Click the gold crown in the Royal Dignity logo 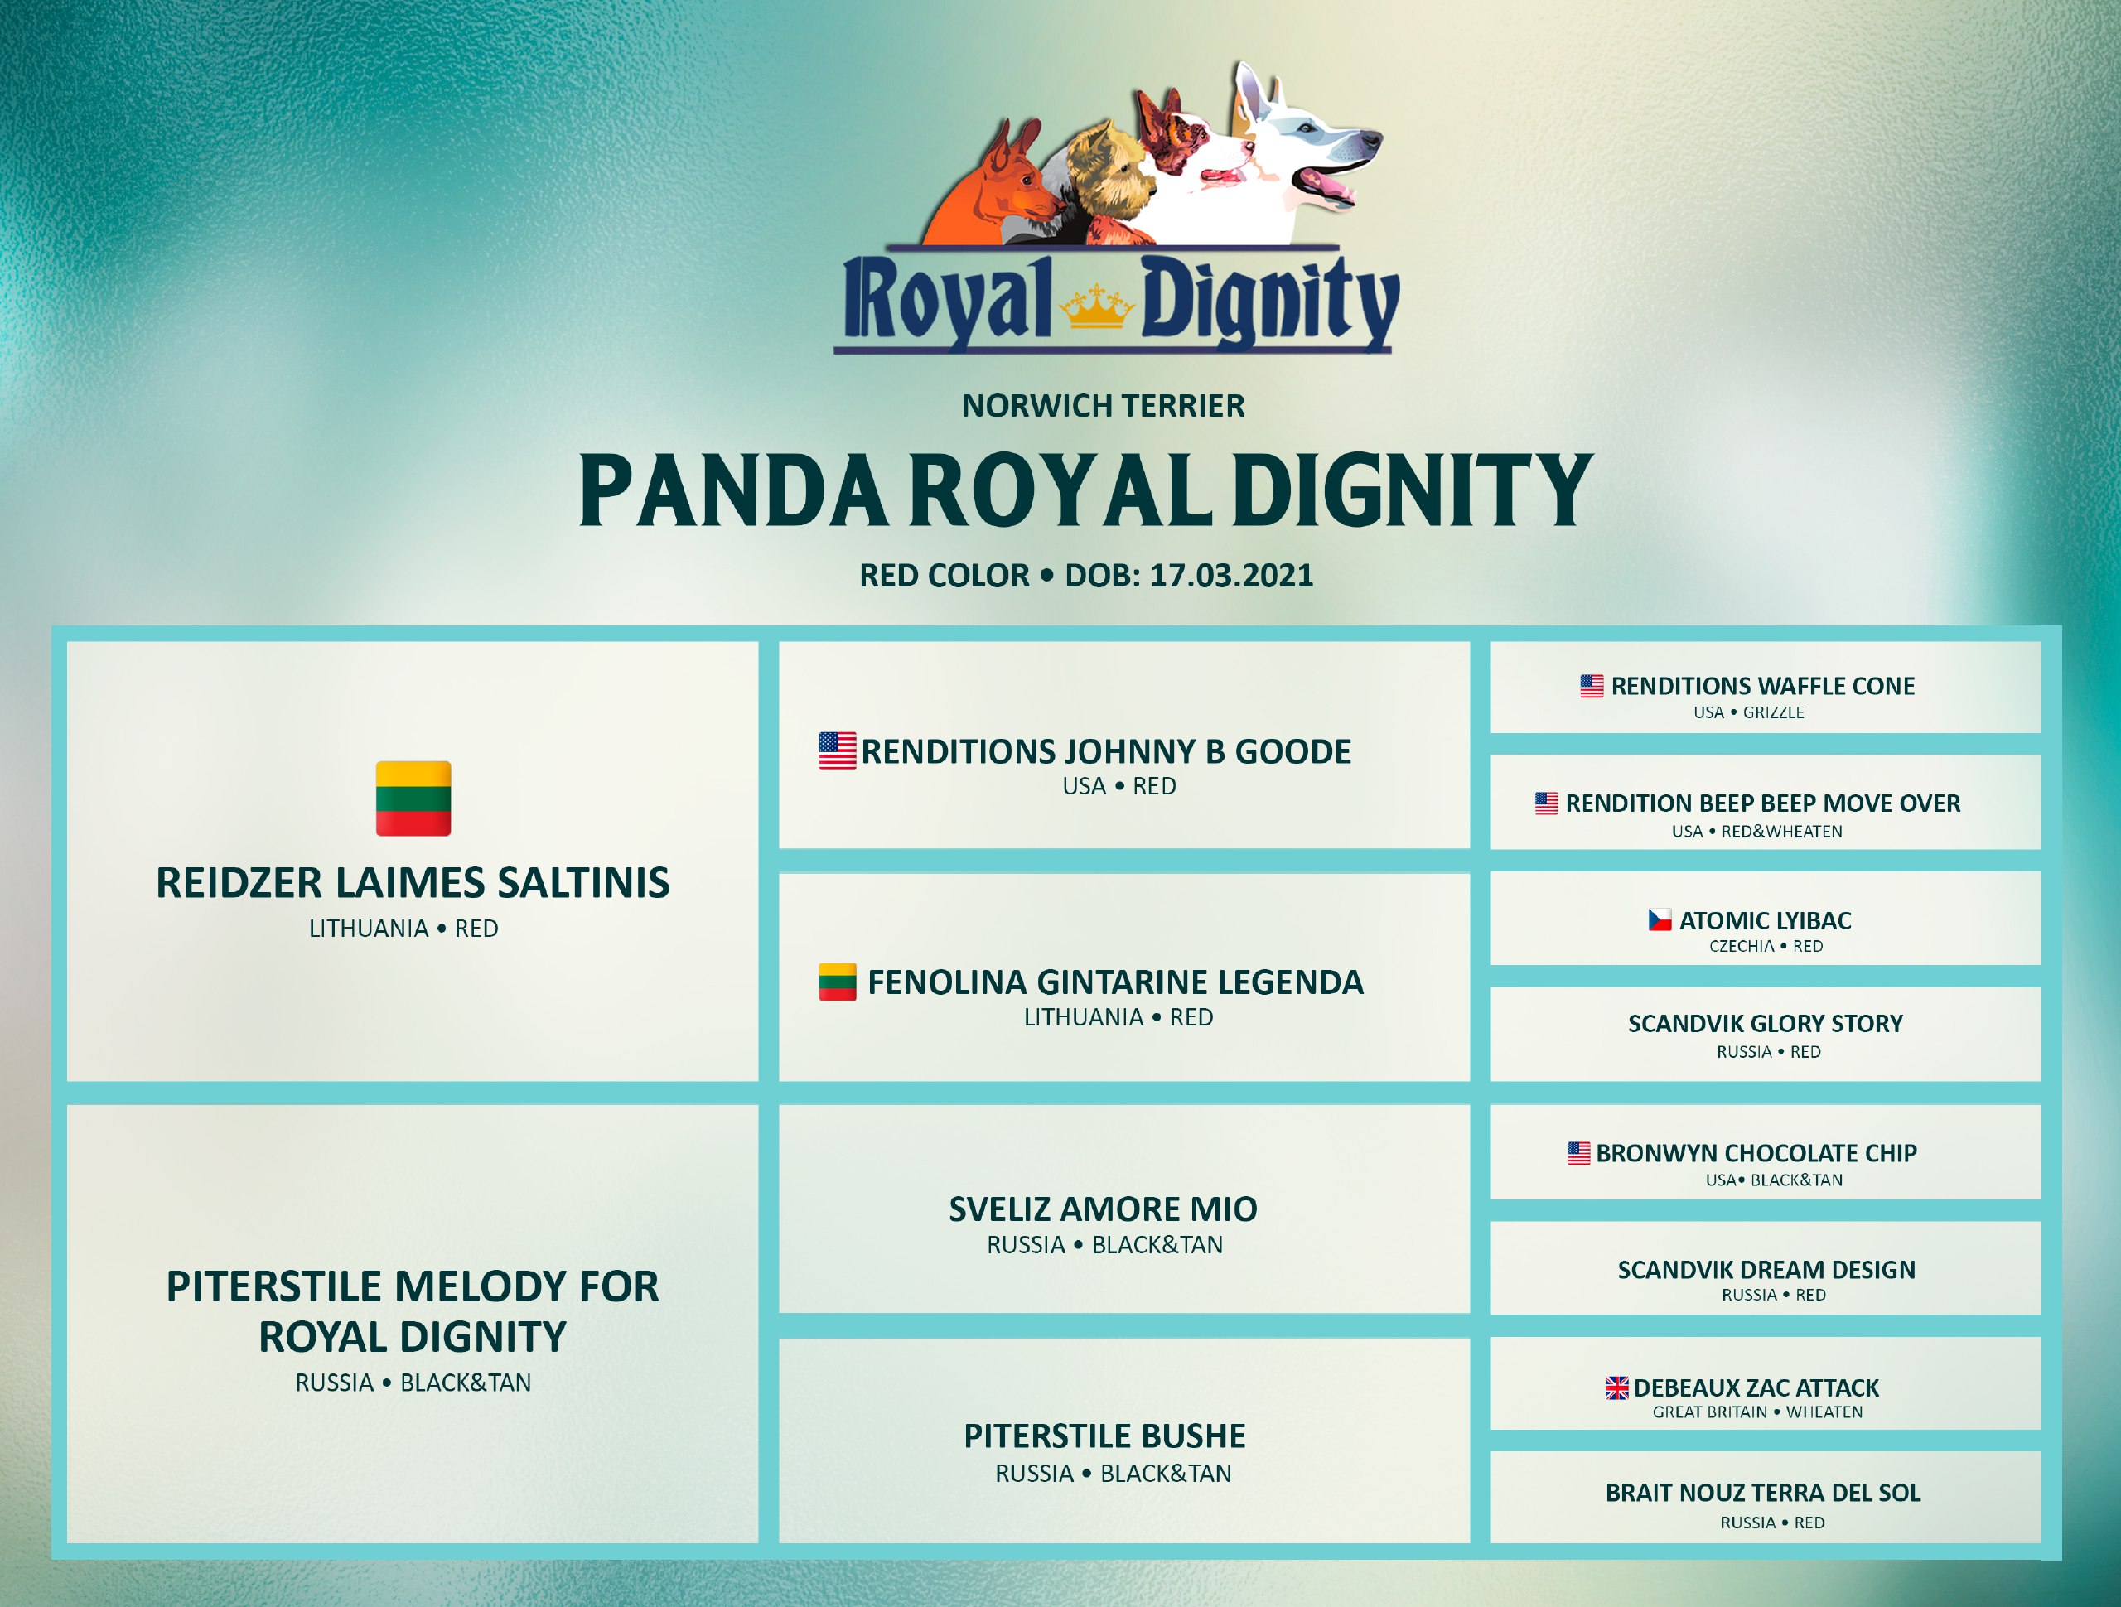click(x=1096, y=306)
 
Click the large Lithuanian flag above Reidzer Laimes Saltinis click(x=413, y=799)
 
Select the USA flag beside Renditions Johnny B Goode click(x=837, y=750)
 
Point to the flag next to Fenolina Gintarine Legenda click(x=837, y=981)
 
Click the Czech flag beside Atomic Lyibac click(x=1660, y=919)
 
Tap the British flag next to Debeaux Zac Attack click(x=1616, y=1387)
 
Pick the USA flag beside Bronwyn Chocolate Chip click(x=1579, y=1152)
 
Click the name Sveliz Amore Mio click(x=1103, y=1209)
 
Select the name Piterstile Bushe click(x=1104, y=1436)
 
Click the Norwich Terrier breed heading click(x=1103, y=406)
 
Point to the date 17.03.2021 click(x=1231, y=576)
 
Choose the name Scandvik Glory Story click(x=1766, y=1023)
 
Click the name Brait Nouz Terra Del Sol click(x=1762, y=1492)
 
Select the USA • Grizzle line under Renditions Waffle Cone click(x=1748, y=712)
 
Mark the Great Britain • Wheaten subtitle click(x=1757, y=1412)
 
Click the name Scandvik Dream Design click(x=1766, y=1270)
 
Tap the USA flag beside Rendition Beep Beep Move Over click(x=1547, y=803)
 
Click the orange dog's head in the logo click(x=998, y=182)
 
